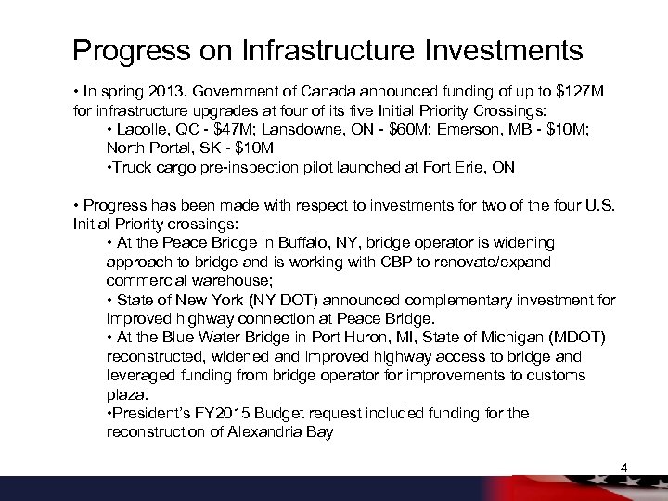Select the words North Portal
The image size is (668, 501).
tap(144, 148)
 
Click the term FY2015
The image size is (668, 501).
tap(235, 413)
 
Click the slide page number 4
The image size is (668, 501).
tap(623, 467)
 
